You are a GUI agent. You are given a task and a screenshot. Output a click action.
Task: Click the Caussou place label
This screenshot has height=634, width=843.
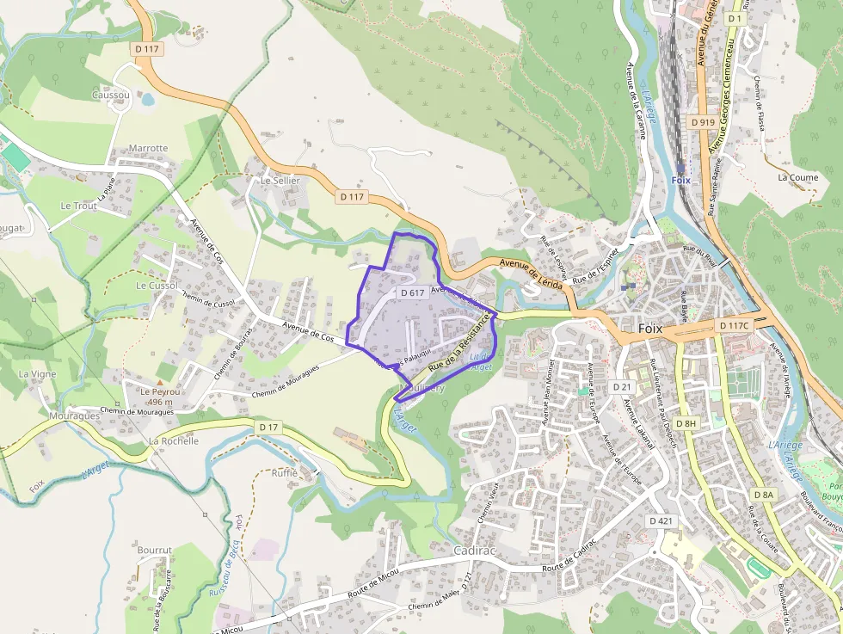pos(110,95)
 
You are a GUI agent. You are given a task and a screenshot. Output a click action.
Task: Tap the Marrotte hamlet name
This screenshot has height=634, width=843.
pos(148,148)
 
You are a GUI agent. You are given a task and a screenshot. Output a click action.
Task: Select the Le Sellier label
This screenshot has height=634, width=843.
pos(280,182)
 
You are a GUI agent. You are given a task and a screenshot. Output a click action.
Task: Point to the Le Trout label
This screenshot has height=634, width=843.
pos(78,206)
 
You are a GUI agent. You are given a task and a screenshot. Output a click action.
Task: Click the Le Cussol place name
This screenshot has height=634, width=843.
pos(157,285)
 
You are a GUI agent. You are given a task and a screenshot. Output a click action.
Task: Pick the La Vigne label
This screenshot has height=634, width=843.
pos(37,374)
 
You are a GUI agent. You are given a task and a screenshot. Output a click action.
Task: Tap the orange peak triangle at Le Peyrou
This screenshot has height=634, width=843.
pos(157,380)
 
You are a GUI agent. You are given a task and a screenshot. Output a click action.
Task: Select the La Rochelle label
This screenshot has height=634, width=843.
pos(174,440)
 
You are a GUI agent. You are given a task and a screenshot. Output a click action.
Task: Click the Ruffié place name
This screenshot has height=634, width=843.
pos(284,473)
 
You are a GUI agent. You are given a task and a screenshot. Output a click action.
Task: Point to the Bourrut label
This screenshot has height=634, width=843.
pos(155,550)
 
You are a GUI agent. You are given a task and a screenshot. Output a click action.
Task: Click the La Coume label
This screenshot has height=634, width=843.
pos(797,177)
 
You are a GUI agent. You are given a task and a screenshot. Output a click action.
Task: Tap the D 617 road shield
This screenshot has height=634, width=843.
pos(412,292)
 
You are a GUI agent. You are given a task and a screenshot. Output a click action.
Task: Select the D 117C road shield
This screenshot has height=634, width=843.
pos(735,325)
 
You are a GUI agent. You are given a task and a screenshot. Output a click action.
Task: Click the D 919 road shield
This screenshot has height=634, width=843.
pos(703,122)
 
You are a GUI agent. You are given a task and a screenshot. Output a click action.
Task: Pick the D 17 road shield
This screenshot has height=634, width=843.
pos(268,427)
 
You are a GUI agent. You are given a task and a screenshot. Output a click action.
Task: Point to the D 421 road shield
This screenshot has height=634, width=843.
pos(661,521)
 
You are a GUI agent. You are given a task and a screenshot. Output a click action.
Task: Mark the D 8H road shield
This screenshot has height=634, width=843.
pos(686,423)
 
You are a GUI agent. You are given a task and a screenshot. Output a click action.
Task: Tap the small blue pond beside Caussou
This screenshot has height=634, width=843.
pos(148,100)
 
